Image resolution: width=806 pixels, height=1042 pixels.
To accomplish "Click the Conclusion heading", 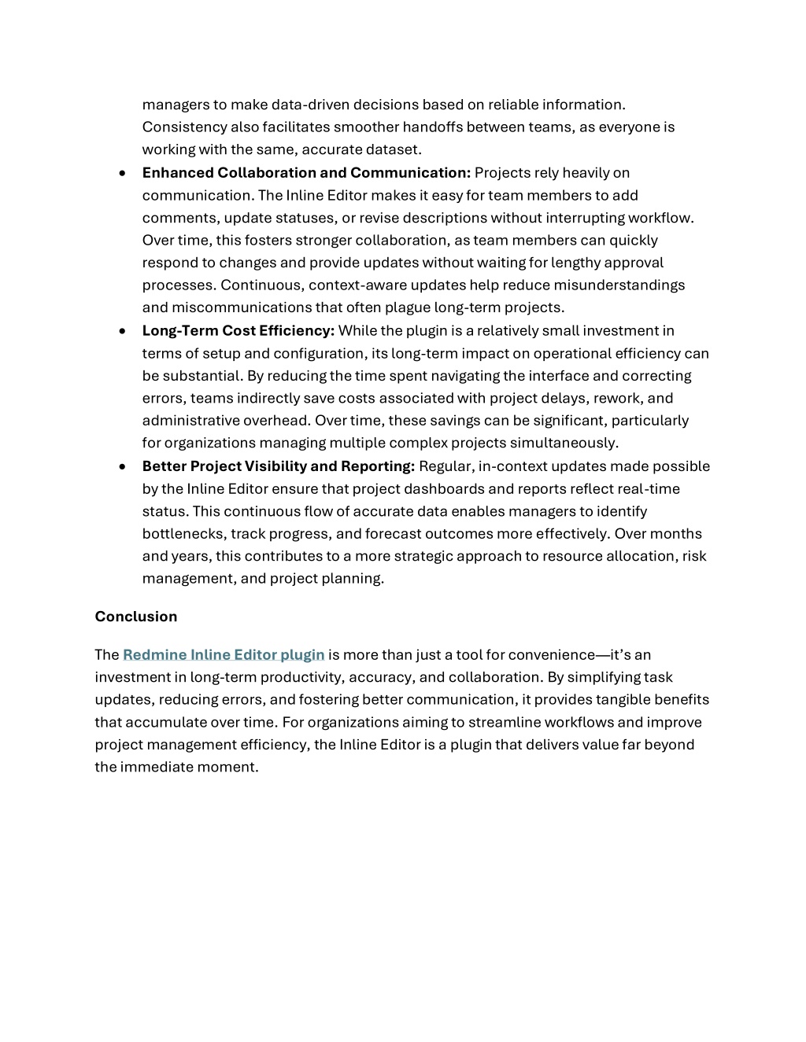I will coord(136,617).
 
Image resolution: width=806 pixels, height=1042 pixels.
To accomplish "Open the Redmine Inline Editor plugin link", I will coord(224,655).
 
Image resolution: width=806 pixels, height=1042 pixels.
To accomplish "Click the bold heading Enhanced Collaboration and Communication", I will coord(306,173).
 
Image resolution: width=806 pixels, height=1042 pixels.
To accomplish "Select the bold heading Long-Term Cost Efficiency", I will coord(238,331).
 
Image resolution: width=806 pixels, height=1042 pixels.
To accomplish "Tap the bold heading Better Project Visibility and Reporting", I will coord(278,466).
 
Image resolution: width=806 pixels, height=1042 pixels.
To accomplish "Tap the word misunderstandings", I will coord(619,285).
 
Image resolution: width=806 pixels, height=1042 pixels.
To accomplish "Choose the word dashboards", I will coord(446,489).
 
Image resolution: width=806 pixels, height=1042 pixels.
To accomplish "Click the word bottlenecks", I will coord(183,534).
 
